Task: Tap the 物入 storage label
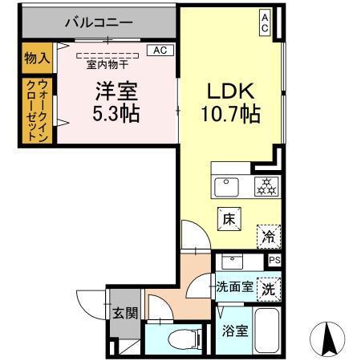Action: point(37,58)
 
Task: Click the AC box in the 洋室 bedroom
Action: point(161,50)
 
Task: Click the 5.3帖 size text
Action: point(116,114)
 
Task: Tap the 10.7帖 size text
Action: point(229,114)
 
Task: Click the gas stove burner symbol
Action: point(266,187)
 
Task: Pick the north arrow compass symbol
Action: point(327,337)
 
